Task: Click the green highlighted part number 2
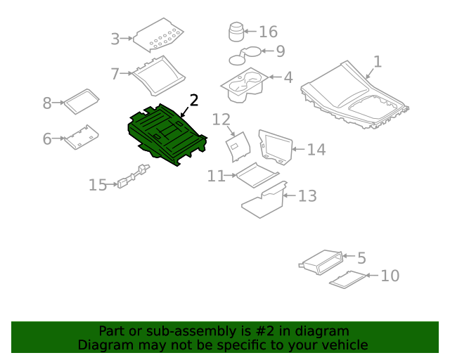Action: coord(167,135)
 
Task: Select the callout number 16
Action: coord(269,32)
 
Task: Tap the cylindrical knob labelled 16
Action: coord(236,32)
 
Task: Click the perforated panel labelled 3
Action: coord(159,35)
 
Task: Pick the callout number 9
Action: coord(281,51)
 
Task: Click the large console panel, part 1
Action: coord(354,95)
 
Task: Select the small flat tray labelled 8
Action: coord(82,102)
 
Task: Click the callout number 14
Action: coord(316,150)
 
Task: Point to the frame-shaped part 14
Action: coord(276,147)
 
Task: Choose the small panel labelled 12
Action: coord(238,147)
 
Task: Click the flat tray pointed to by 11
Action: coord(257,175)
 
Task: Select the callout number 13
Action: coord(307,196)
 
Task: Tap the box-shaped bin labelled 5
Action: coord(321,262)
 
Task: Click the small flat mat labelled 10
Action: coord(347,279)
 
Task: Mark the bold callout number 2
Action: coord(194,101)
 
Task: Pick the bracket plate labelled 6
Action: coord(82,137)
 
